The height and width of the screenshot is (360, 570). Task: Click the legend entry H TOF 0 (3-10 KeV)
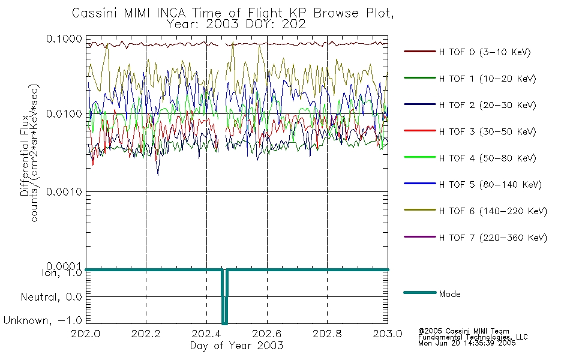tap(485, 52)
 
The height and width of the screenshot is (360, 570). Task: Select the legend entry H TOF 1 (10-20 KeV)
tap(487, 79)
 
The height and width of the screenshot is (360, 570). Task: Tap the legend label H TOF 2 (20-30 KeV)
tap(487, 105)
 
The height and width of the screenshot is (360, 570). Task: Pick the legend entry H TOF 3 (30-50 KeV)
tap(487, 131)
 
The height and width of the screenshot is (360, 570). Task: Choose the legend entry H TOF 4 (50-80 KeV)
tap(487, 158)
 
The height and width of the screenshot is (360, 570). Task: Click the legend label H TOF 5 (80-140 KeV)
tap(490, 185)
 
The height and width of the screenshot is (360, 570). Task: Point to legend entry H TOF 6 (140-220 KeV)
tap(493, 211)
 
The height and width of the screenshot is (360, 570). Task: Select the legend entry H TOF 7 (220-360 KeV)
tap(493, 238)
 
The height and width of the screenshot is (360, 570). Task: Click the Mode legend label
tap(449, 294)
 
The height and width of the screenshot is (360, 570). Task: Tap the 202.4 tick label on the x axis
tap(206, 334)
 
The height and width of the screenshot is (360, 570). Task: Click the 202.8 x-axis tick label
tap(327, 334)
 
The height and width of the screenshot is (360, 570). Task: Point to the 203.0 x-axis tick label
tap(388, 334)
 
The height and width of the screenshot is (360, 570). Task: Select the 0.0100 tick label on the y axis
tap(64, 114)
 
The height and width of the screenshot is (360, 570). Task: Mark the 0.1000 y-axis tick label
tap(64, 38)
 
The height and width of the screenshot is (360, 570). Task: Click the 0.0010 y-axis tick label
tap(64, 191)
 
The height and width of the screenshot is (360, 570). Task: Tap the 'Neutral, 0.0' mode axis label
tap(51, 297)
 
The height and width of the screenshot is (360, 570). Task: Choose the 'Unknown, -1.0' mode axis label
tap(43, 320)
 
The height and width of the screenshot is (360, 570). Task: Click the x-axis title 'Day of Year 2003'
tap(236, 346)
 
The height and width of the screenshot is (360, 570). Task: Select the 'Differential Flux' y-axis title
tap(25, 155)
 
